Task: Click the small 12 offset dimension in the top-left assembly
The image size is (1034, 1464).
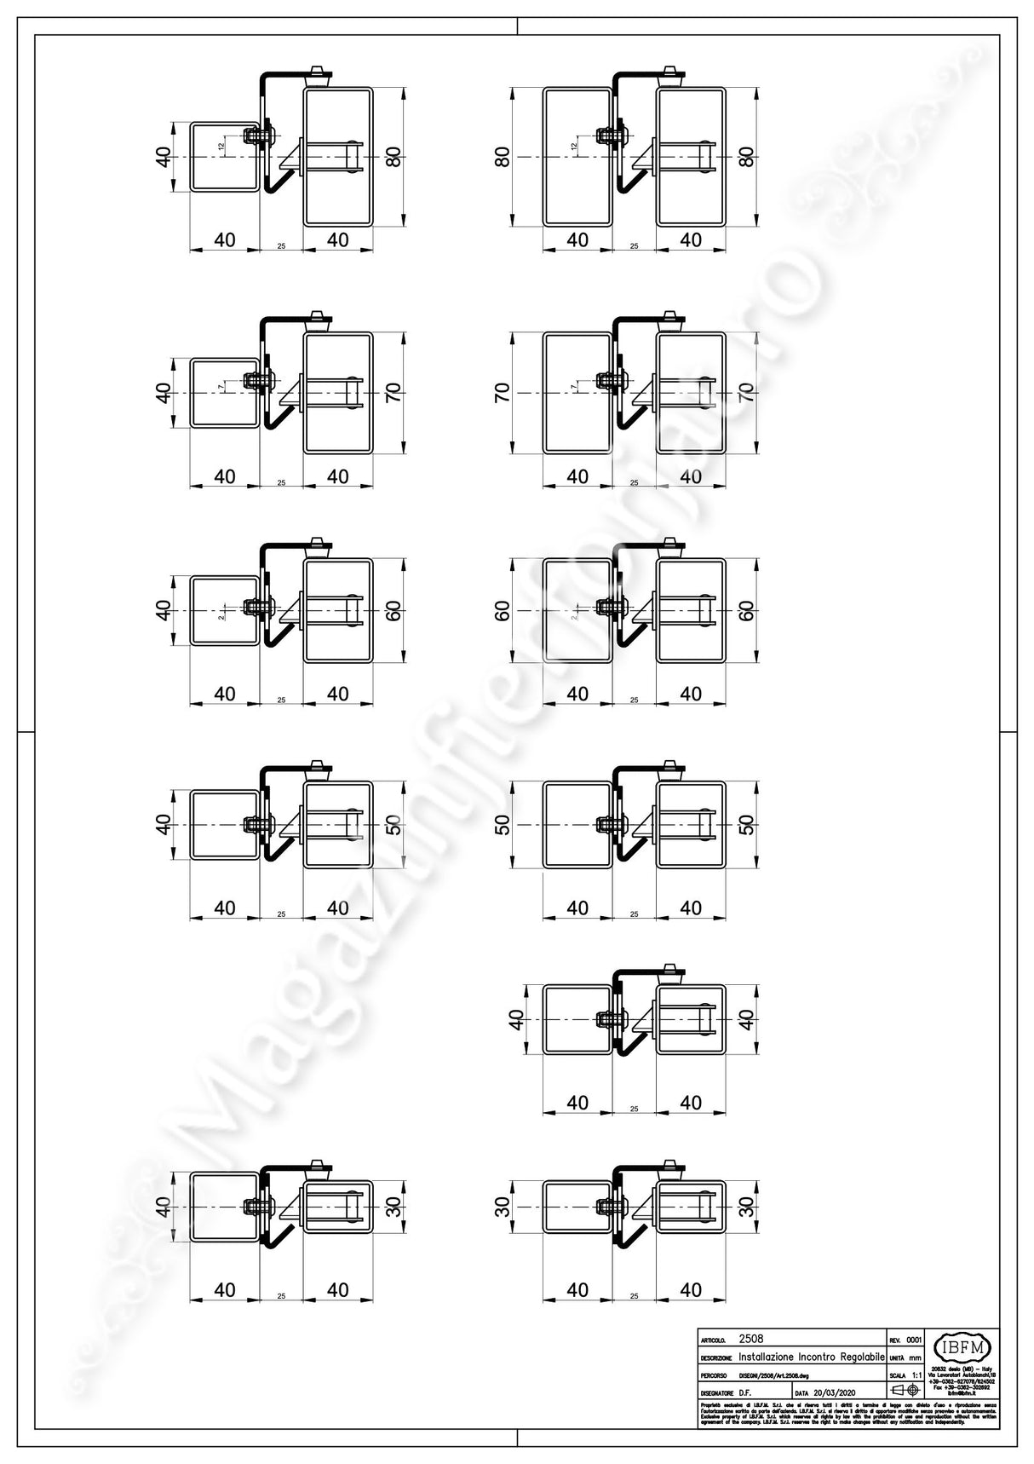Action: click(221, 146)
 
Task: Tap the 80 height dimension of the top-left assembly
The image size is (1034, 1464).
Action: click(393, 158)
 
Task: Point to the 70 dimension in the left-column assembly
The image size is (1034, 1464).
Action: click(393, 393)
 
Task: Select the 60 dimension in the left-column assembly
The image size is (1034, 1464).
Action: click(393, 610)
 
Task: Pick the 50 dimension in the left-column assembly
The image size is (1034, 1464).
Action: click(393, 825)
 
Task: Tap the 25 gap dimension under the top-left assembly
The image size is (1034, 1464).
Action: click(281, 246)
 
